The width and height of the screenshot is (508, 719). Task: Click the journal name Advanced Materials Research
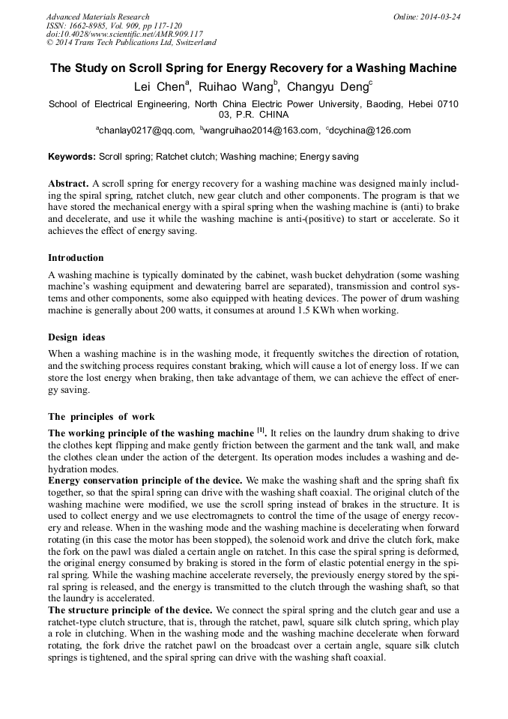pos(97,16)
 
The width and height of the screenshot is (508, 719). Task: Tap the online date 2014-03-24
pos(438,16)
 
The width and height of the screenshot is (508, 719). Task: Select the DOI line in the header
pos(124,34)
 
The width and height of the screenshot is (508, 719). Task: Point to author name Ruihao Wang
pos(231,87)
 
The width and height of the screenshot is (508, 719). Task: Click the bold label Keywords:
pos(72,157)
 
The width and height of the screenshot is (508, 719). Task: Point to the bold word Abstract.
pos(68,184)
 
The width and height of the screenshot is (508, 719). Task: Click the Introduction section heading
pos(76,258)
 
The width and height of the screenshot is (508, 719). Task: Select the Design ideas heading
pos(78,337)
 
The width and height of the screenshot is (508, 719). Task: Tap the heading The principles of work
pos(101,416)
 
